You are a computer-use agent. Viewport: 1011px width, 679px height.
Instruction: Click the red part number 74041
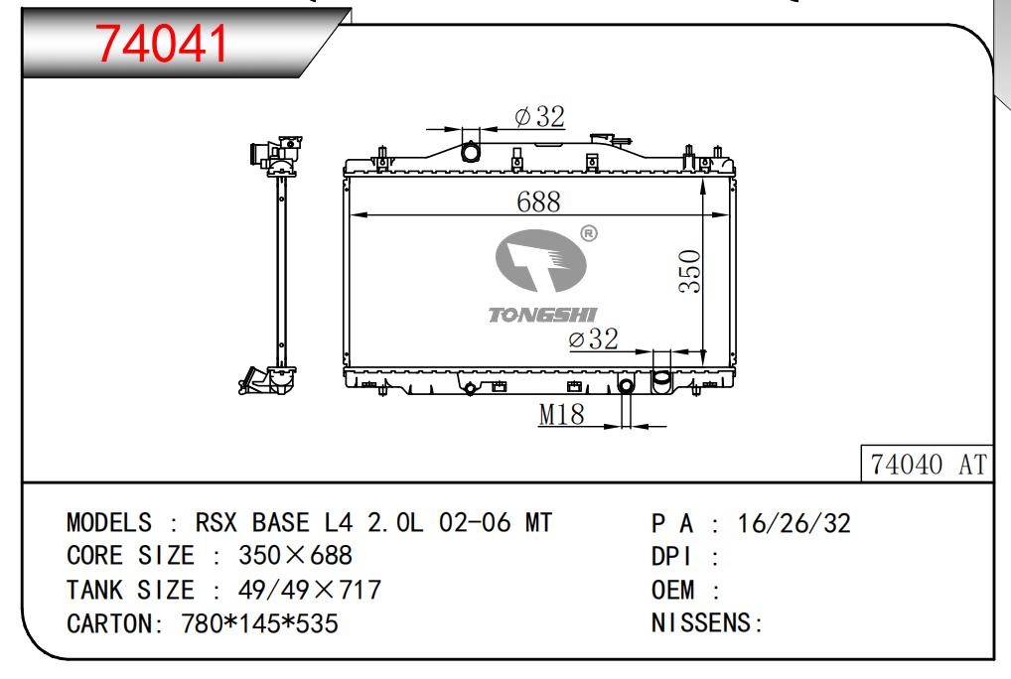pos(162,44)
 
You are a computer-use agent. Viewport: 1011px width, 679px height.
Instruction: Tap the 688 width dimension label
pos(538,202)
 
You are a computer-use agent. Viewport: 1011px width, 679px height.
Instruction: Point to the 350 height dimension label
pos(690,271)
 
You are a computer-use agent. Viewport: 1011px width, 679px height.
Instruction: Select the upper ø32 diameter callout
pos(539,116)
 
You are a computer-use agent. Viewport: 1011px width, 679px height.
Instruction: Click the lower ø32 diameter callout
pos(593,339)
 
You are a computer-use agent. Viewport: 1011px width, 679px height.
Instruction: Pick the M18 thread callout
pos(561,414)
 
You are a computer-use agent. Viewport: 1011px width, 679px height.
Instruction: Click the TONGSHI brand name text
pos(542,315)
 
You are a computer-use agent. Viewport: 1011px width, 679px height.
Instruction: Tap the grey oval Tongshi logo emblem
pos(541,260)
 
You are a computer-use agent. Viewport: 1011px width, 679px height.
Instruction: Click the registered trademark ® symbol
pos(589,233)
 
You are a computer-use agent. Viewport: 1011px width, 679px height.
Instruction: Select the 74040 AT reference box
pos(928,464)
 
